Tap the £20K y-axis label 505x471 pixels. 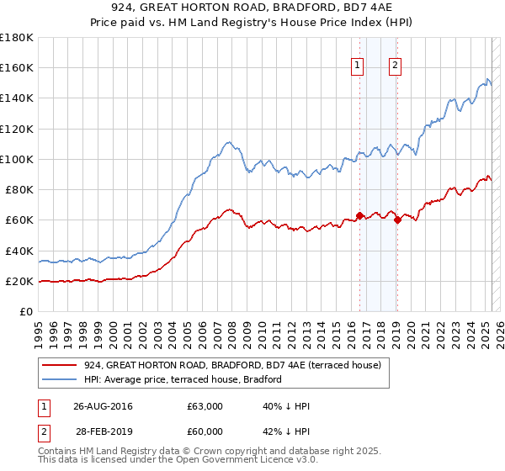(x=19, y=281)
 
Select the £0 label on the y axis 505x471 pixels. (x=27, y=311)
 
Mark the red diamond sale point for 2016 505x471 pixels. (x=359, y=215)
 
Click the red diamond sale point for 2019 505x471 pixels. (x=397, y=220)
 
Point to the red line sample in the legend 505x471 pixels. (x=59, y=366)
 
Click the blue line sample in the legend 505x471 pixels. (x=59, y=379)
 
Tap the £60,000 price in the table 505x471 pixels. (x=205, y=431)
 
